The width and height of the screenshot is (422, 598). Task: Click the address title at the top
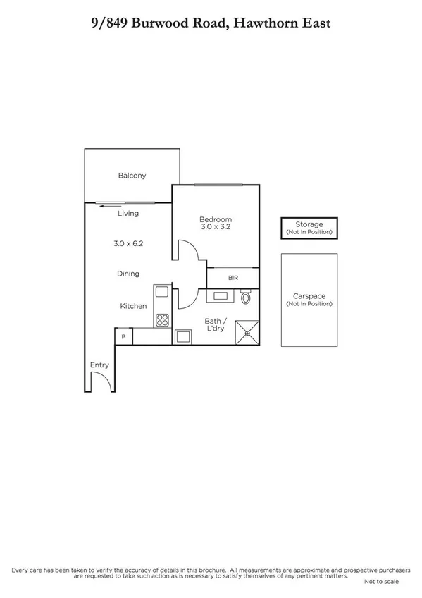[211, 24]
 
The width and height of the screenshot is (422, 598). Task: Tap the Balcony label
[132, 176]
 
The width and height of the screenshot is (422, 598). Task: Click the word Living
[128, 214]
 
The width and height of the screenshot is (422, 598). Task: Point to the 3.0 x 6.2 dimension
[128, 243]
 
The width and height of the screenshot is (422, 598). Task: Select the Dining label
[128, 274]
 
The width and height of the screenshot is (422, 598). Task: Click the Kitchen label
[132, 306]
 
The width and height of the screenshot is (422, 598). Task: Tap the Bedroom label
[216, 220]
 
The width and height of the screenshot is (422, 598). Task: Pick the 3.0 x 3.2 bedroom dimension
[216, 228]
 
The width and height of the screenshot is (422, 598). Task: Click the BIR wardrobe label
[233, 278]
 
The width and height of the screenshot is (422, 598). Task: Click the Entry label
[99, 365]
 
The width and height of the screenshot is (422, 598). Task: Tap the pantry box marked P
[123, 337]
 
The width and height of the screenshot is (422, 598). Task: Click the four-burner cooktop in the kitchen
[162, 319]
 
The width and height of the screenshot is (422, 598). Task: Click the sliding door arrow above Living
[108, 206]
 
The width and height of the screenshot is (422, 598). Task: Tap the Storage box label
[309, 224]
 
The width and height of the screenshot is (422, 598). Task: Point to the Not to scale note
[381, 582]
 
